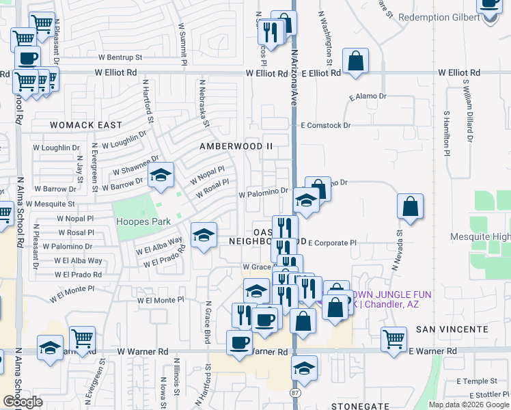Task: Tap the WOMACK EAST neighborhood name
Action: pos(85,125)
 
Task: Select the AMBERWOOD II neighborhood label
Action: pos(235,146)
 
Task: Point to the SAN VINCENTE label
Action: pos(452,329)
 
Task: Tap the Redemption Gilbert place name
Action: pos(439,17)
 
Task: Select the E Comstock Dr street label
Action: pos(326,126)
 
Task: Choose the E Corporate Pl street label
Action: pos(333,243)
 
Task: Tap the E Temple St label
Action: pos(478,381)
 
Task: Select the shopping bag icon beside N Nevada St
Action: pos(410,206)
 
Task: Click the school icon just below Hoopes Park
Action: pos(203,235)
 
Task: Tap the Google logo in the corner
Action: pos(23,402)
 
